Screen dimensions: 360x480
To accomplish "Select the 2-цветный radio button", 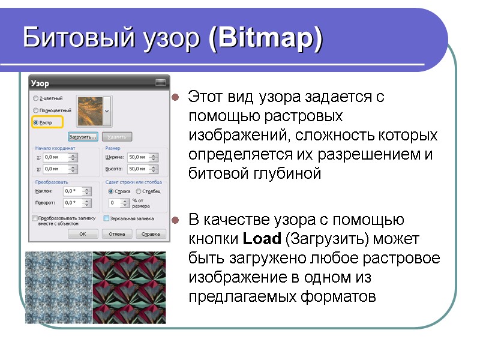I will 36,98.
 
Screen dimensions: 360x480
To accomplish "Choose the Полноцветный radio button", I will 36,110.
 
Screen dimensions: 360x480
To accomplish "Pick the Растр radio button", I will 36,123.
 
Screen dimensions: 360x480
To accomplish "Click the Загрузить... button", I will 83,137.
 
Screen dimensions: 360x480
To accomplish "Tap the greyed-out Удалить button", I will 116,137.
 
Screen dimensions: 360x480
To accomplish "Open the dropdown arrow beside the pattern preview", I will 107,111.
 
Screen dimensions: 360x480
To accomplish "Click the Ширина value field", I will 139,157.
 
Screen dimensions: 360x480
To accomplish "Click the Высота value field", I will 139,169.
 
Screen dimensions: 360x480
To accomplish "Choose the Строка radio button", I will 111,191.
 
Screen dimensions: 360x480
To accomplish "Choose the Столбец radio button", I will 139,191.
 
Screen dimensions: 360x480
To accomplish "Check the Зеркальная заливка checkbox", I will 107,218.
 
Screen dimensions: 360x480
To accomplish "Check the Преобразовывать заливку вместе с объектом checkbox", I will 34,218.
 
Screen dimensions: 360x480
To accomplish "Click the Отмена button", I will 117,233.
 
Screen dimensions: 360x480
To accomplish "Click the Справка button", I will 151,233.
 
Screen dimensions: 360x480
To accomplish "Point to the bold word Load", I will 262,239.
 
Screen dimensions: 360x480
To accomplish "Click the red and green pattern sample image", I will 129,287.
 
